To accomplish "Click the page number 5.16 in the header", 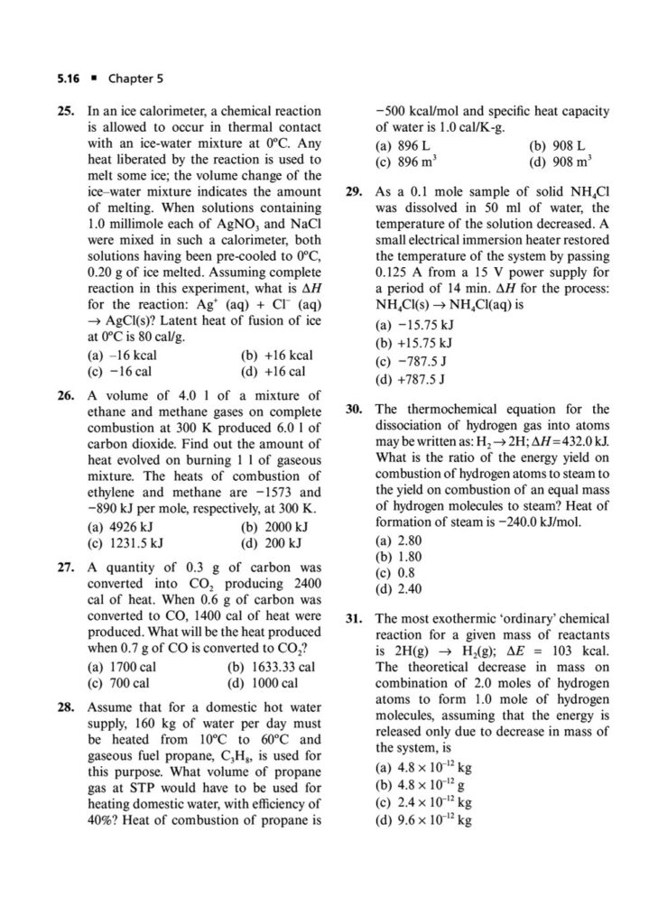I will click(x=68, y=79).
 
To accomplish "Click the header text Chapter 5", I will click(x=134, y=79).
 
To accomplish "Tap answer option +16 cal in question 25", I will click(x=274, y=371).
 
